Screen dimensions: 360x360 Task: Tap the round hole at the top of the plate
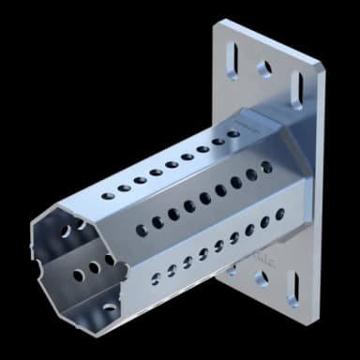coord(265,68)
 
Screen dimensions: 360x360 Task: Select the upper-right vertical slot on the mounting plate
coord(298,90)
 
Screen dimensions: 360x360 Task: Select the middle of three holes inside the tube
coord(93,268)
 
